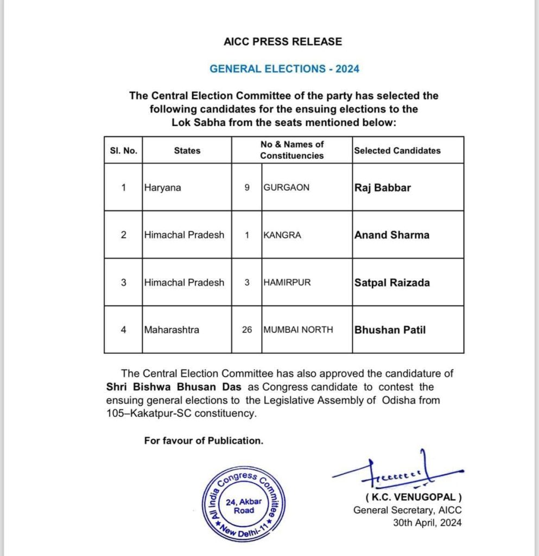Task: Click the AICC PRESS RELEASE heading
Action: [x=283, y=41]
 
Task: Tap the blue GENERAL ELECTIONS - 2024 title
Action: [x=284, y=69]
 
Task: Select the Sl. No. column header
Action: [x=123, y=150]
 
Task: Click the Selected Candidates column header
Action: [x=397, y=150]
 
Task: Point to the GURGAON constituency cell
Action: [x=286, y=187]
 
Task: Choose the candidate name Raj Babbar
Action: [x=383, y=188]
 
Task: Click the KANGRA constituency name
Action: [x=282, y=235]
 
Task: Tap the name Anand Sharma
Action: [x=392, y=235]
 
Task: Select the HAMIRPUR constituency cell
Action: [x=287, y=282]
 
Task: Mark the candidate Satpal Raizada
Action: [x=392, y=282]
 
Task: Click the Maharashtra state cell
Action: [x=172, y=330]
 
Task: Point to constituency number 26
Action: [x=247, y=330]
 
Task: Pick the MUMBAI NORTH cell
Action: [x=298, y=330]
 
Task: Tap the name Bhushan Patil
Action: [x=390, y=330]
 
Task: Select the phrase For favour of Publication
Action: [x=204, y=441]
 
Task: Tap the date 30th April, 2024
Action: [x=428, y=523]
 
